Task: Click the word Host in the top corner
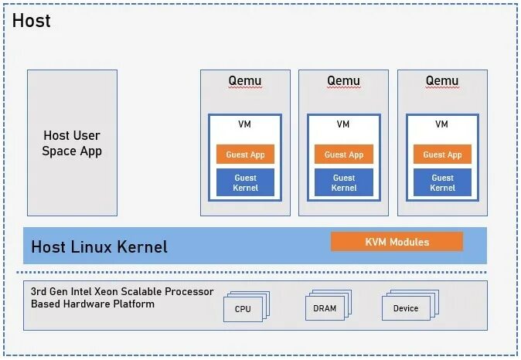(x=32, y=21)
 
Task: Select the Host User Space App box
(x=72, y=143)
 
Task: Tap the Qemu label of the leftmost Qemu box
(x=245, y=81)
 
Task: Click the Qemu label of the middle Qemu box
(x=343, y=81)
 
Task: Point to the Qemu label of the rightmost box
(x=442, y=81)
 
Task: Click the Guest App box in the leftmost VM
(x=245, y=155)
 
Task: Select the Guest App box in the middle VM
(x=344, y=155)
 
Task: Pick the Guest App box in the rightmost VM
(x=442, y=155)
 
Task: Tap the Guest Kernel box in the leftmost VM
(x=245, y=182)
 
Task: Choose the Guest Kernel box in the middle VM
(x=344, y=182)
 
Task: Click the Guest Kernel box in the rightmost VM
(x=442, y=182)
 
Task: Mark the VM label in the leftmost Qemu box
(x=245, y=124)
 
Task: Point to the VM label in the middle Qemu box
(x=344, y=124)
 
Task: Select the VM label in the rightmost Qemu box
(x=442, y=124)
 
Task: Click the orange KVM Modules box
(x=397, y=242)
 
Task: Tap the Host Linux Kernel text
(x=99, y=247)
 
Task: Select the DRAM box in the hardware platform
(x=325, y=308)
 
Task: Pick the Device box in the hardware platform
(x=405, y=308)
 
